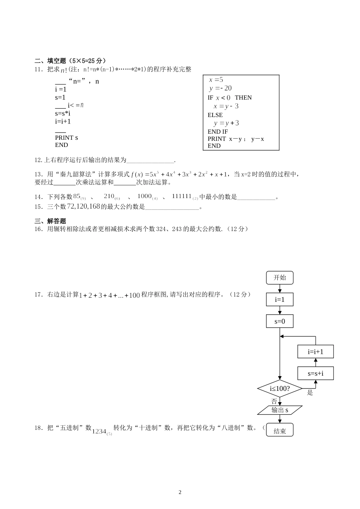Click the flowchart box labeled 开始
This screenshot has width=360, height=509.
point(280,278)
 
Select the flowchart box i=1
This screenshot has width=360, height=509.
point(280,300)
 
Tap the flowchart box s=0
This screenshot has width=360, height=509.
point(280,322)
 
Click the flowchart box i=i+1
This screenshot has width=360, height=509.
point(316,351)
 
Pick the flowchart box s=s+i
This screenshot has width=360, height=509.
point(316,374)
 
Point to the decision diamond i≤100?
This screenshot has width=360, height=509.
point(280,389)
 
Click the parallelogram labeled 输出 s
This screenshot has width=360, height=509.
point(280,410)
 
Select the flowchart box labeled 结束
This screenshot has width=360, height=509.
point(280,431)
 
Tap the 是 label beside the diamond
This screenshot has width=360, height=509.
point(310,393)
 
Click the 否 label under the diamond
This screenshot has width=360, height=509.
point(274,401)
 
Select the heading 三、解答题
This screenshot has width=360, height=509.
point(50,221)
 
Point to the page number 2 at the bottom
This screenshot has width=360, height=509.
point(180,492)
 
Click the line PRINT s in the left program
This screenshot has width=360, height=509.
point(66,138)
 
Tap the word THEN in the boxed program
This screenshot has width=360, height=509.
point(243,98)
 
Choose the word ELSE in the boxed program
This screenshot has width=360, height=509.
point(215,115)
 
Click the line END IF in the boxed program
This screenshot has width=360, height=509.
point(218,131)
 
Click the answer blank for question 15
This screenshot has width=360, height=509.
point(172,207)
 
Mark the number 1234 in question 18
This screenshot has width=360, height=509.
point(99,431)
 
